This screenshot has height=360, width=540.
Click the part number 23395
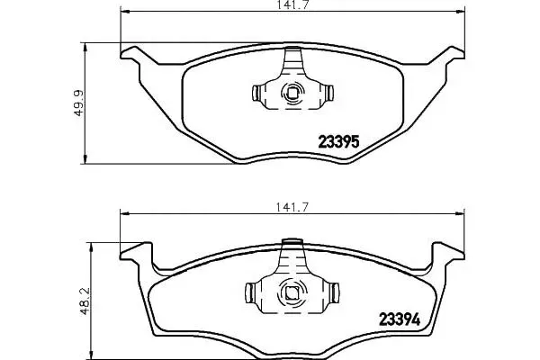[338, 141]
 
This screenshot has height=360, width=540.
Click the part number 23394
[400, 319]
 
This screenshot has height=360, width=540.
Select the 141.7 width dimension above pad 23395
[291, 4]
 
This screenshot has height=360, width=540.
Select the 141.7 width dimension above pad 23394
[292, 207]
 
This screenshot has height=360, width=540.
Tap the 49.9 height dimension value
[78, 103]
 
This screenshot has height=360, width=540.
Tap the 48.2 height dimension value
[85, 301]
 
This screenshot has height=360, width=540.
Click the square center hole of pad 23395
[292, 93]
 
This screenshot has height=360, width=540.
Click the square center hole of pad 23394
[292, 292]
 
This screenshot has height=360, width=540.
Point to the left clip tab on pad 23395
[256, 93]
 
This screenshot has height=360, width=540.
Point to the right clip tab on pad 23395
[329, 93]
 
